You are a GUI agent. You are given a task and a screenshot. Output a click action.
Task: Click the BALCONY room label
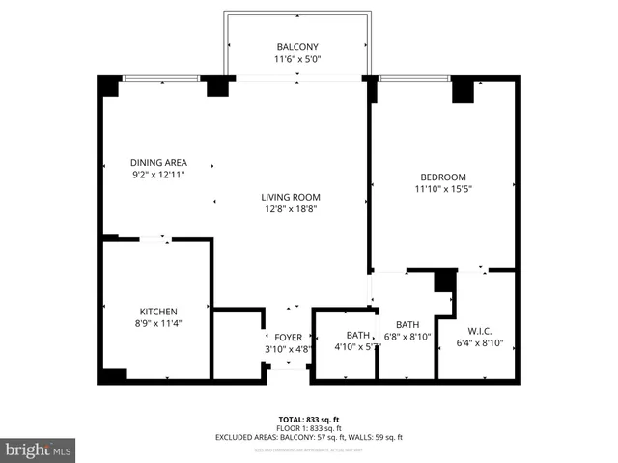[297, 47]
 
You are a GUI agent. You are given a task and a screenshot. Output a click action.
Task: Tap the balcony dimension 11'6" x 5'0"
[297, 60]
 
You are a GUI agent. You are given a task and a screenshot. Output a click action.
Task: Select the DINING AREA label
[158, 162]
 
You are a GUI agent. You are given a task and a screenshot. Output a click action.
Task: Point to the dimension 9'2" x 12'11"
[158, 175]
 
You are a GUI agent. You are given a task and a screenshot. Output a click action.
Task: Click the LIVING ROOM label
[290, 197]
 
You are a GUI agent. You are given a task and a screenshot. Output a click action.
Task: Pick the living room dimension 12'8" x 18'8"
[290, 209]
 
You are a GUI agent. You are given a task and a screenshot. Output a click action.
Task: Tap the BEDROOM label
[443, 177]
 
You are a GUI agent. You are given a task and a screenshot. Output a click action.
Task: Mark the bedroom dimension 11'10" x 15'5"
[443, 189]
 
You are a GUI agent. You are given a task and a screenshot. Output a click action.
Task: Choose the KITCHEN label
[158, 311]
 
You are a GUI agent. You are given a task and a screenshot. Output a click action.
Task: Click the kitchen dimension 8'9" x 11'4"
[158, 323]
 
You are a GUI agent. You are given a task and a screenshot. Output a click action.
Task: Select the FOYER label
[288, 337]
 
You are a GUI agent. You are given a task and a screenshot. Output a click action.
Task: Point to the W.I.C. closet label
[473, 330]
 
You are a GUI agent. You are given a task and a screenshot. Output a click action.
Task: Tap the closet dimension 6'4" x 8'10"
[473, 342]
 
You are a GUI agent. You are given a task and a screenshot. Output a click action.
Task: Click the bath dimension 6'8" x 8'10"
[407, 337]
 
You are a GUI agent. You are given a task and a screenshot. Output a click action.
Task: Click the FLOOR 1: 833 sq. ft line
[309, 428]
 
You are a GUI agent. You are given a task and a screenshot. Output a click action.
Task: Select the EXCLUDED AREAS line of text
[309, 437]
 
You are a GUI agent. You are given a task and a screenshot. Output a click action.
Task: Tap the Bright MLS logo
[38, 449]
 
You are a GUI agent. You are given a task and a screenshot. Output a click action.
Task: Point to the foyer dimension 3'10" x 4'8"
[288, 349]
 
